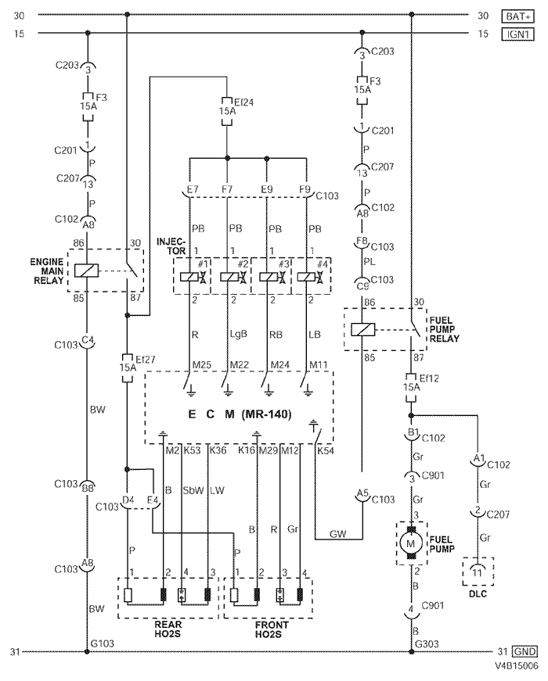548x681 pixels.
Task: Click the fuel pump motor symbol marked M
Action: tap(410, 542)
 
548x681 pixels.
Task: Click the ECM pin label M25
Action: tap(202, 366)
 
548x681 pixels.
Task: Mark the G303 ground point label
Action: tap(426, 643)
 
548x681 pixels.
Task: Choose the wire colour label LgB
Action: tap(237, 335)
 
